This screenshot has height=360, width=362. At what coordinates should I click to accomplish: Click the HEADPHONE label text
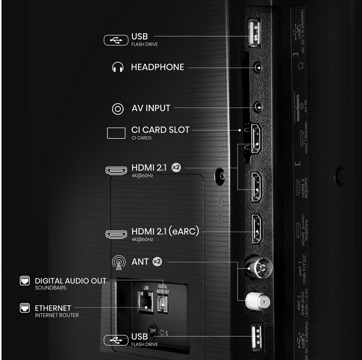[x=157, y=67]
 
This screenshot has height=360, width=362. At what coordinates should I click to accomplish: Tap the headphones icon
[x=118, y=67]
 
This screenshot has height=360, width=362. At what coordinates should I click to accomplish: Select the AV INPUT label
[x=151, y=108]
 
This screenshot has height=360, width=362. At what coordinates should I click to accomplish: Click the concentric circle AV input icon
[x=118, y=109]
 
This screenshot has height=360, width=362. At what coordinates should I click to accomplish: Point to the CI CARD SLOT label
[x=160, y=130]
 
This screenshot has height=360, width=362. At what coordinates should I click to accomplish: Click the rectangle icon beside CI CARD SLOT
[x=116, y=133]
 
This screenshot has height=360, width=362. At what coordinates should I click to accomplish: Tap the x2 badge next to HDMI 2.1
[x=176, y=168]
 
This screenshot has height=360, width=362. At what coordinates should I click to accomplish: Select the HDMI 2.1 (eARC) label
[x=165, y=231]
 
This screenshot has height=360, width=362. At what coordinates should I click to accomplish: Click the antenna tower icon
[x=119, y=262]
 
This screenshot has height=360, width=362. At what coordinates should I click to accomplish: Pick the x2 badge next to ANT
[x=157, y=262]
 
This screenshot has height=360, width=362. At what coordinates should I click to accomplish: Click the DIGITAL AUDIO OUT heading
[x=71, y=281]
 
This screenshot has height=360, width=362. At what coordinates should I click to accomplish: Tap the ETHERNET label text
[x=53, y=308]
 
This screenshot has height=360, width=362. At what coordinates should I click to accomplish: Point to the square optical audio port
[x=163, y=304]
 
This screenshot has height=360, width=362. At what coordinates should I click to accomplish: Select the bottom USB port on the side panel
[x=257, y=337]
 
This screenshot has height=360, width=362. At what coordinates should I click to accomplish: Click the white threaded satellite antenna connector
[x=257, y=301]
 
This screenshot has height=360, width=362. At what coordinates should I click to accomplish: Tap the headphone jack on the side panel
[x=258, y=68]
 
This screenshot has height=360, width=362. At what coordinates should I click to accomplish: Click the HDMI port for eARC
[x=257, y=228]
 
